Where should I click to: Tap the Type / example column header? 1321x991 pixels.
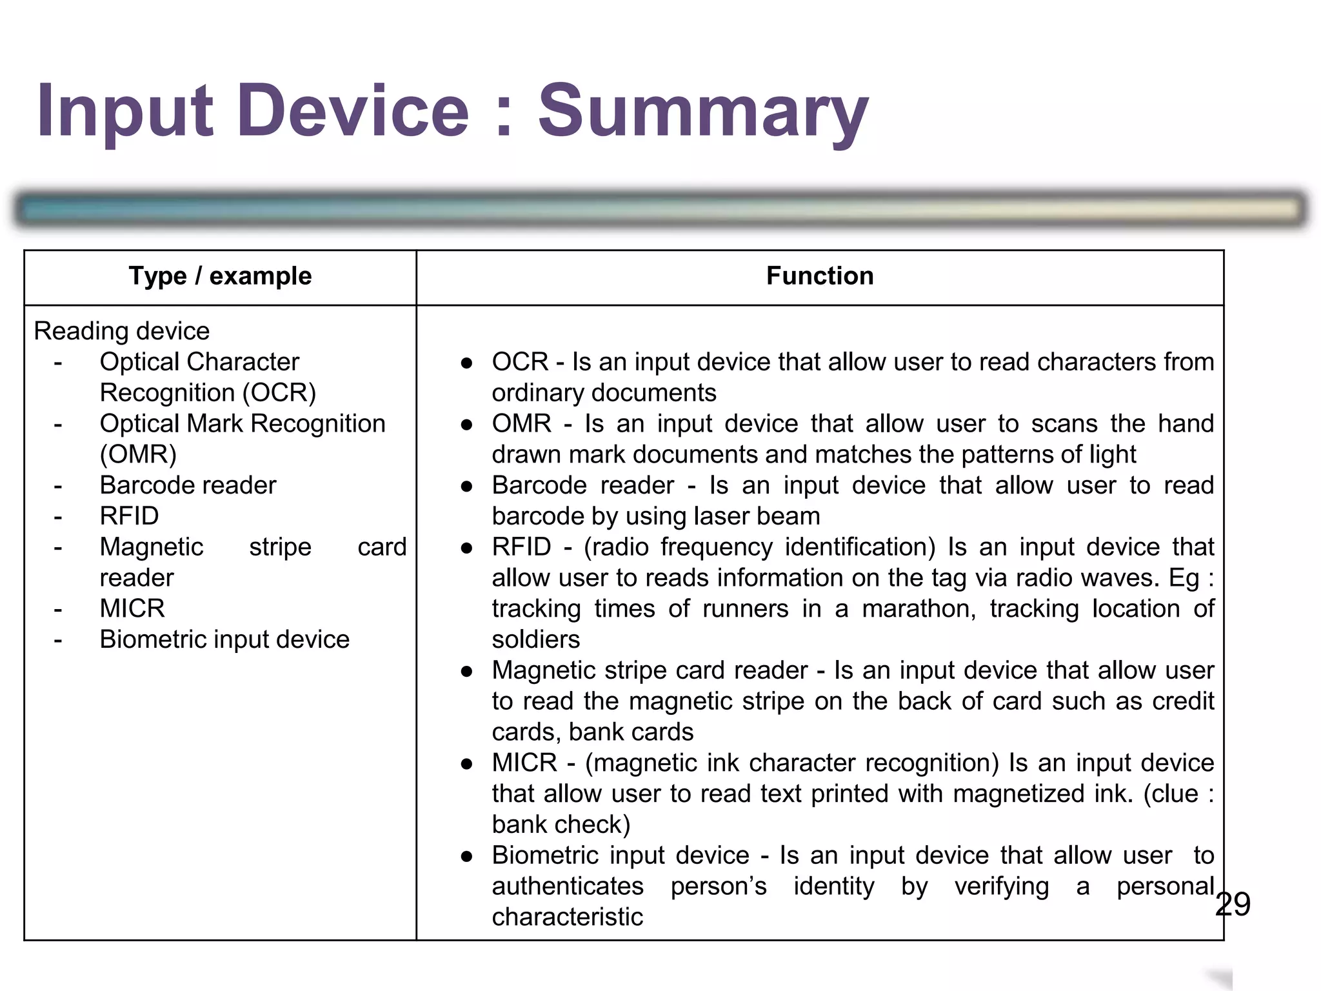220,276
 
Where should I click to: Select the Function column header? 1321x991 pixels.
820,276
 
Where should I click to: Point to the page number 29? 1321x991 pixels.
1233,904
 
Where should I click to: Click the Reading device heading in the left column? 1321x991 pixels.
122,331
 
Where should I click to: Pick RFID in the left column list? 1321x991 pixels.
129,516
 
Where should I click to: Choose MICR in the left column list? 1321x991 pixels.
132,608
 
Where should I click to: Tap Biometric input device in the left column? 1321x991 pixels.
224,639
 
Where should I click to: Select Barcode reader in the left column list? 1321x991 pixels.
188,485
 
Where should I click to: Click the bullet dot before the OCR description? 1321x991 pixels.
467,363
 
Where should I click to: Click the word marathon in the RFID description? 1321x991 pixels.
919,609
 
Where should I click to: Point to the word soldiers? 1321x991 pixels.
536,639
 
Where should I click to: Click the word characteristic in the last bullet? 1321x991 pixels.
568,917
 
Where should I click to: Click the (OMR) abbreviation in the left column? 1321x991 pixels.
138,454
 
